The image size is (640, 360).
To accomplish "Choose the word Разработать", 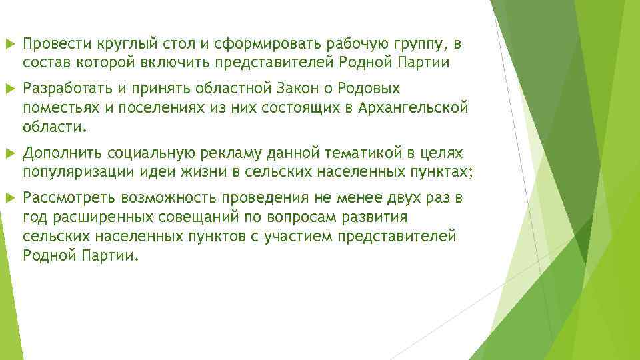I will [67, 89].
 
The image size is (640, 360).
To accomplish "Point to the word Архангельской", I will [412, 107].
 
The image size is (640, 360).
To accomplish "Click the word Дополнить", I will [59, 154].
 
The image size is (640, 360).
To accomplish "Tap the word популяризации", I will [69, 173].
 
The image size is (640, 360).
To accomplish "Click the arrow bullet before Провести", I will [7, 45].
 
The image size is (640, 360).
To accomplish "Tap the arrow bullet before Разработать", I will [7, 89].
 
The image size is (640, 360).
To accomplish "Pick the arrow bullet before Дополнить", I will [7, 154].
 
